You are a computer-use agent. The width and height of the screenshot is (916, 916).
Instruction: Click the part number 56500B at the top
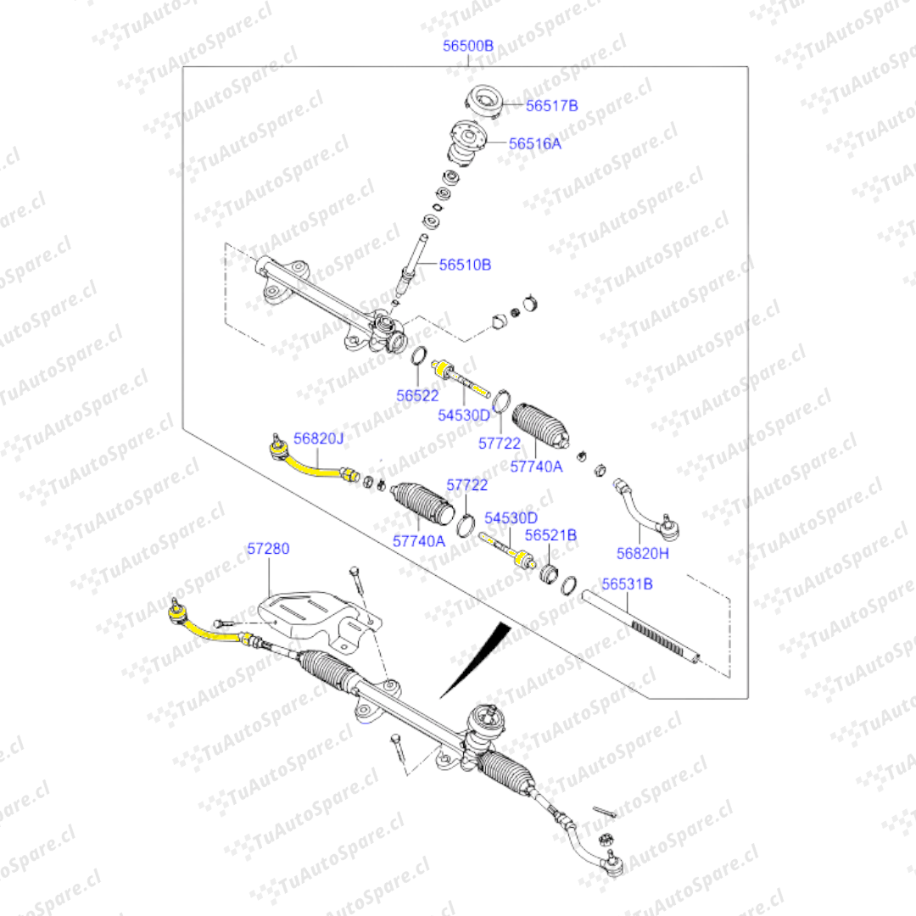click(468, 46)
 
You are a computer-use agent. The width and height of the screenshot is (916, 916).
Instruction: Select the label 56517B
click(551, 106)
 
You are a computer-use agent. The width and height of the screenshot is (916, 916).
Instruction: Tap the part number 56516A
click(534, 143)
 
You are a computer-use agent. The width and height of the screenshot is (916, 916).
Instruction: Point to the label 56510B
click(465, 265)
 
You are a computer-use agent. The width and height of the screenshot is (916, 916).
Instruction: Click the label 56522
click(417, 395)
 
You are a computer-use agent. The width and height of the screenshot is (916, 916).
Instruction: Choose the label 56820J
click(318, 438)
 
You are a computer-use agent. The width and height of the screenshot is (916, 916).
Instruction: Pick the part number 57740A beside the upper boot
click(536, 466)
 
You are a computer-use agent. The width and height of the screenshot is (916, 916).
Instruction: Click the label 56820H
click(643, 553)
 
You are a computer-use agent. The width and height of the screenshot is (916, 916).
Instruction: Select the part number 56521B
click(551, 535)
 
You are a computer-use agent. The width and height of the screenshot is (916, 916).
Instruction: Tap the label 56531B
click(628, 584)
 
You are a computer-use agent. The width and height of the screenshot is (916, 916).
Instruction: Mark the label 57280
click(268, 549)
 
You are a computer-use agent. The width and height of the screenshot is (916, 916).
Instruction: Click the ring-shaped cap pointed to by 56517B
click(484, 102)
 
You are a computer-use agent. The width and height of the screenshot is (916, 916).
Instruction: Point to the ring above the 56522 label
click(419, 355)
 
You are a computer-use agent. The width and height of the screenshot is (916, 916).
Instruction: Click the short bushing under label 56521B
click(549, 573)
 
